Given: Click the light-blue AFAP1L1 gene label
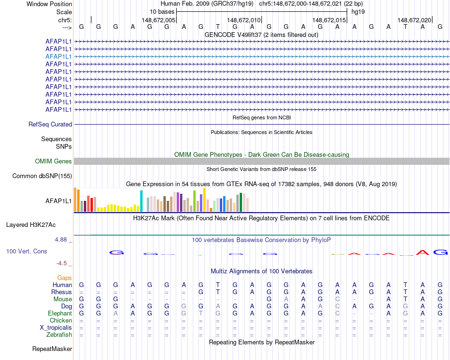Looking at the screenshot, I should tap(59, 56).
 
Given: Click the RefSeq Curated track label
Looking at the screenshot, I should tap(50, 124).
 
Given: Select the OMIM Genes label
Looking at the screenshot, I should tap(54, 162).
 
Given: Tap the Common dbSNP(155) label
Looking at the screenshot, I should tap(42, 176).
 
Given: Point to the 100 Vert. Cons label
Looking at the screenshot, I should tap(27, 251).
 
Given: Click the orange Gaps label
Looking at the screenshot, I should tap(64, 278).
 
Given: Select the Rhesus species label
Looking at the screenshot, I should tap(62, 292).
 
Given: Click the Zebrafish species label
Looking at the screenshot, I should tap(59, 335).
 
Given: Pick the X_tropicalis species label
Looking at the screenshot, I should tap(56, 328).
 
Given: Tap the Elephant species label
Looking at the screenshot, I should tap(60, 314).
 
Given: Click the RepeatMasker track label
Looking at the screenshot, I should tap(52, 349).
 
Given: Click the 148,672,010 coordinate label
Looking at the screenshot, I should tap(244, 20).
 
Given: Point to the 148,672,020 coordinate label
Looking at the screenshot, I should tap(414, 20).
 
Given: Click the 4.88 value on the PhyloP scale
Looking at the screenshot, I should tap(61, 240).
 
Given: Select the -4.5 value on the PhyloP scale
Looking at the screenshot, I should tap(62, 263).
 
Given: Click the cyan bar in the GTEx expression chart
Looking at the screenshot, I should tap(142, 201).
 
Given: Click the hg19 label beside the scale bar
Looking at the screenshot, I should tap(358, 11).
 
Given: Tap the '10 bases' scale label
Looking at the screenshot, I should tap(162, 11).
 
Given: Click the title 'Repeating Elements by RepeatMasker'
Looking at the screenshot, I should tap(261, 342).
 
